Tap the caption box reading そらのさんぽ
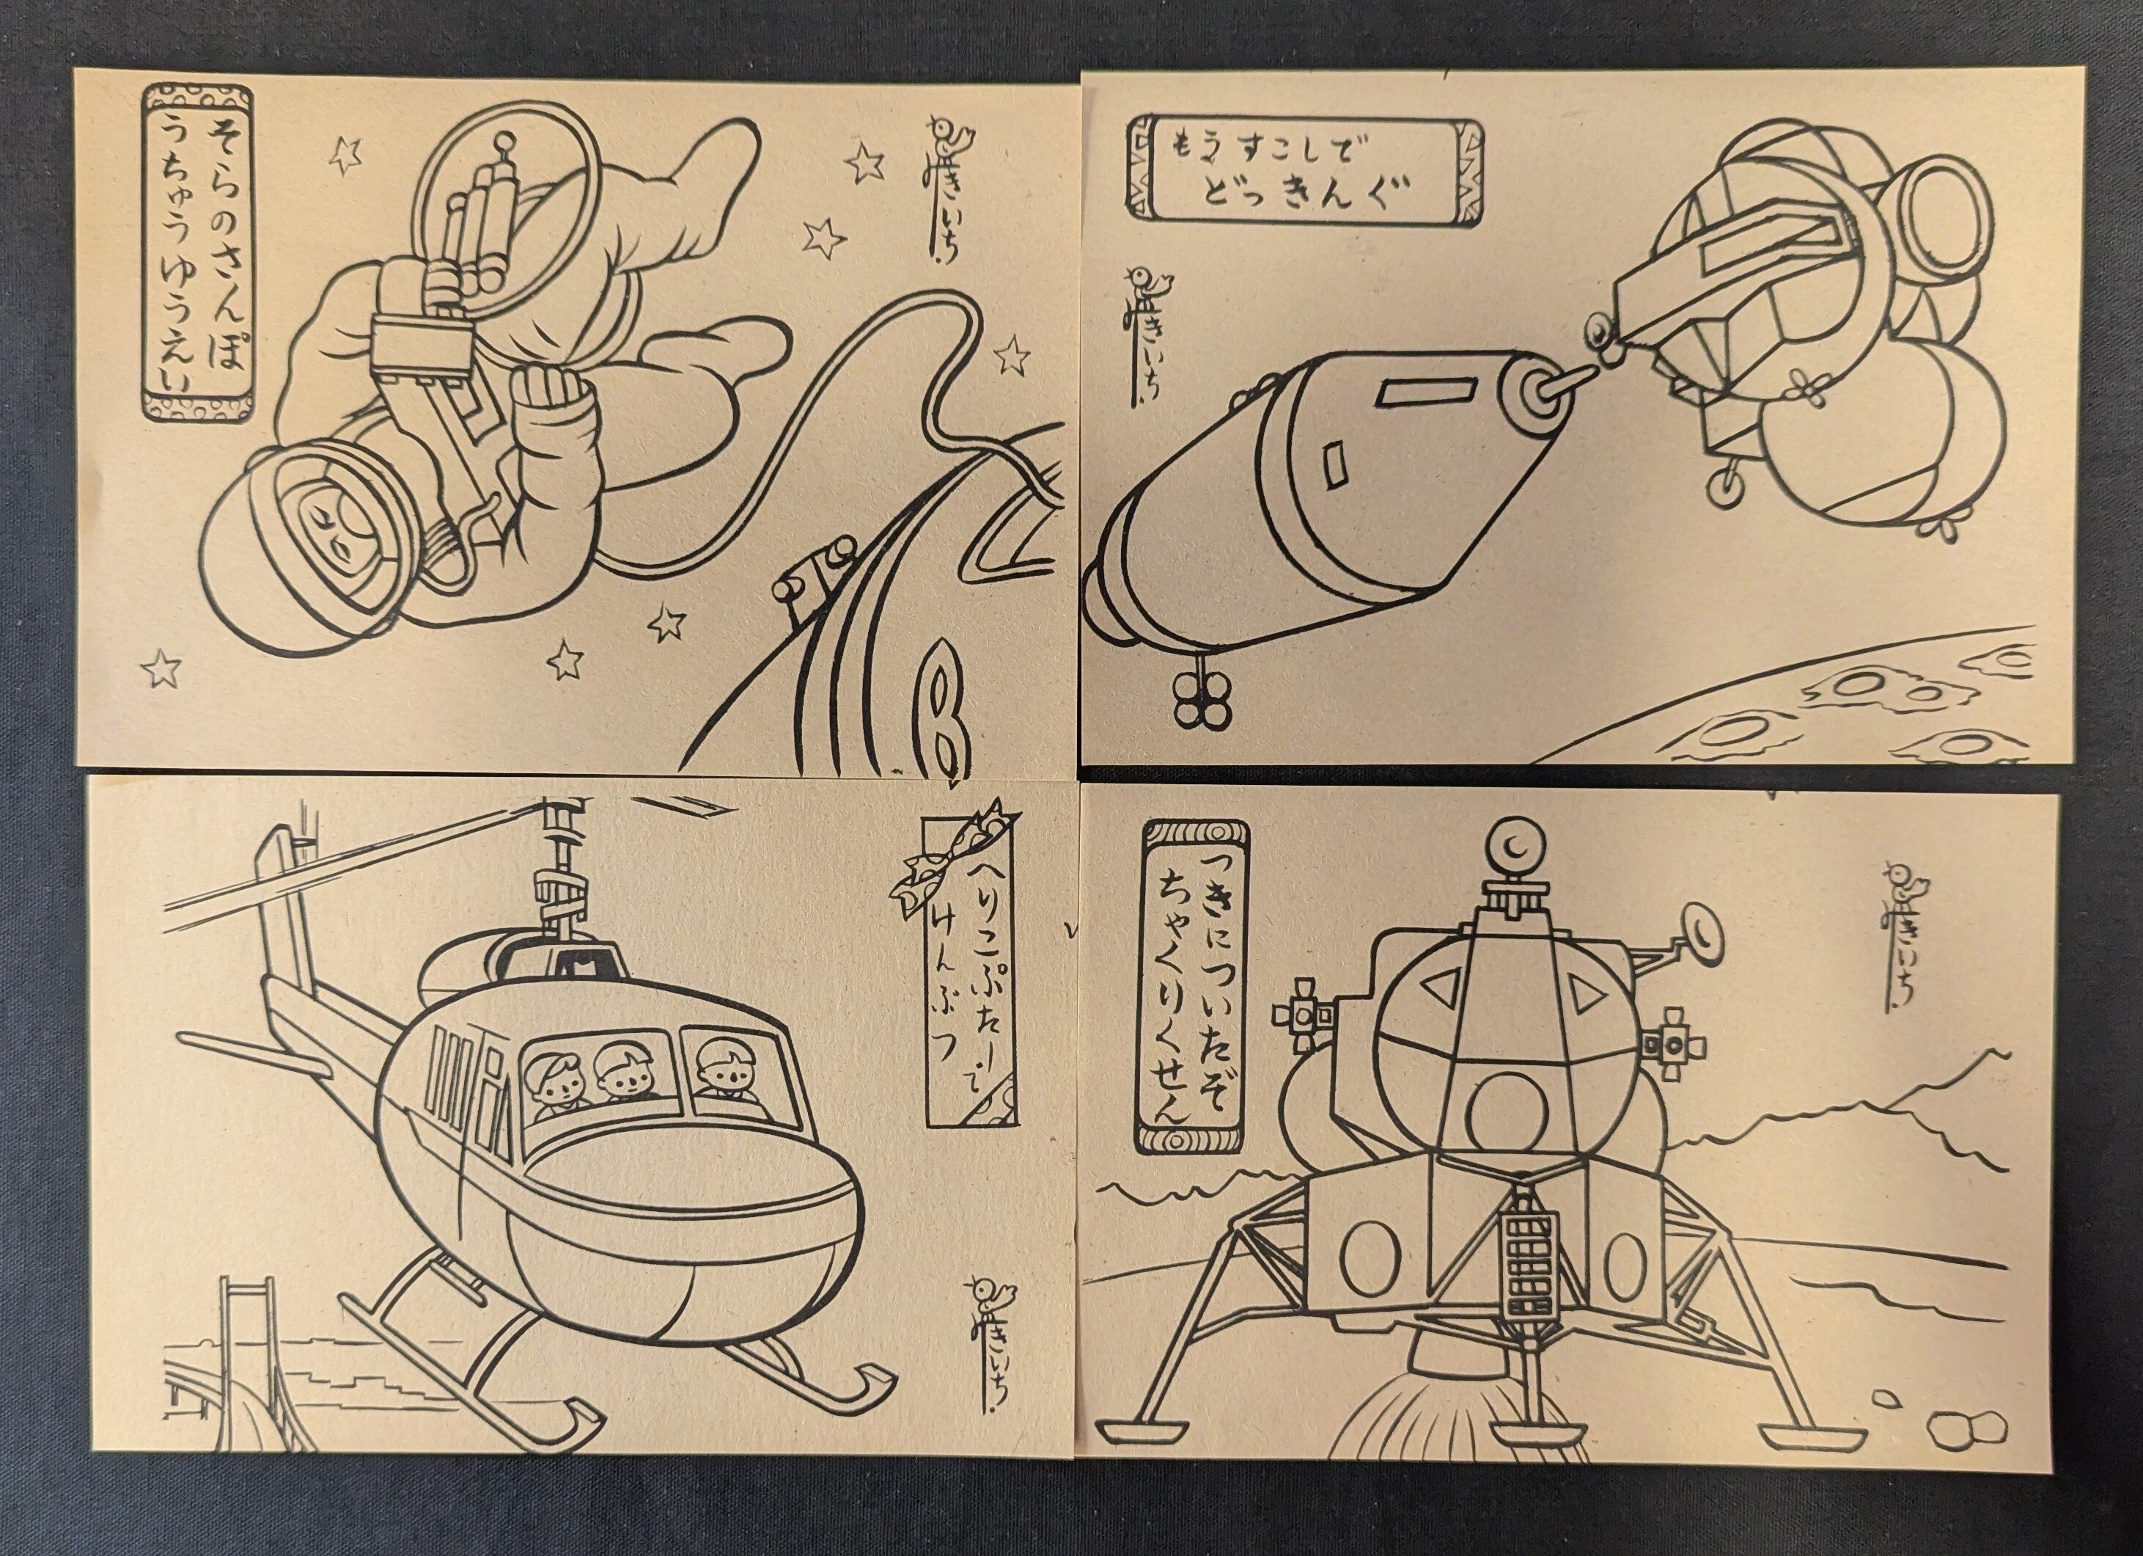pos(196,252)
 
